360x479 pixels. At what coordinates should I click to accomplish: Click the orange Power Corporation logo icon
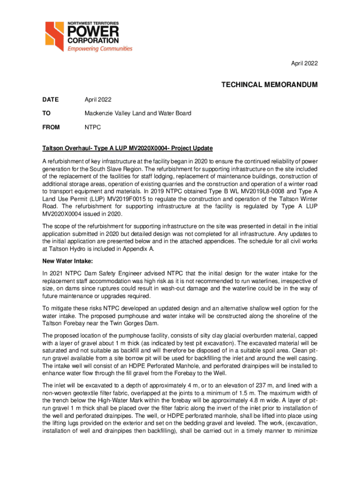(x=55, y=36)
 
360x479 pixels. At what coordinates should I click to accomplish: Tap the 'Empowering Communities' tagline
(x=100, y=49)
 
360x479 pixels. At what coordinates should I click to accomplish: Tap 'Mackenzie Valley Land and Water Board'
(x=138, y=113)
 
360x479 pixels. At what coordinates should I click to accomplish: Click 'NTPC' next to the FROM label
(x=92, y=127)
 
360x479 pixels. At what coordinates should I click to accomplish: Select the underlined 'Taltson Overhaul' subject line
(x=127, y=148)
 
